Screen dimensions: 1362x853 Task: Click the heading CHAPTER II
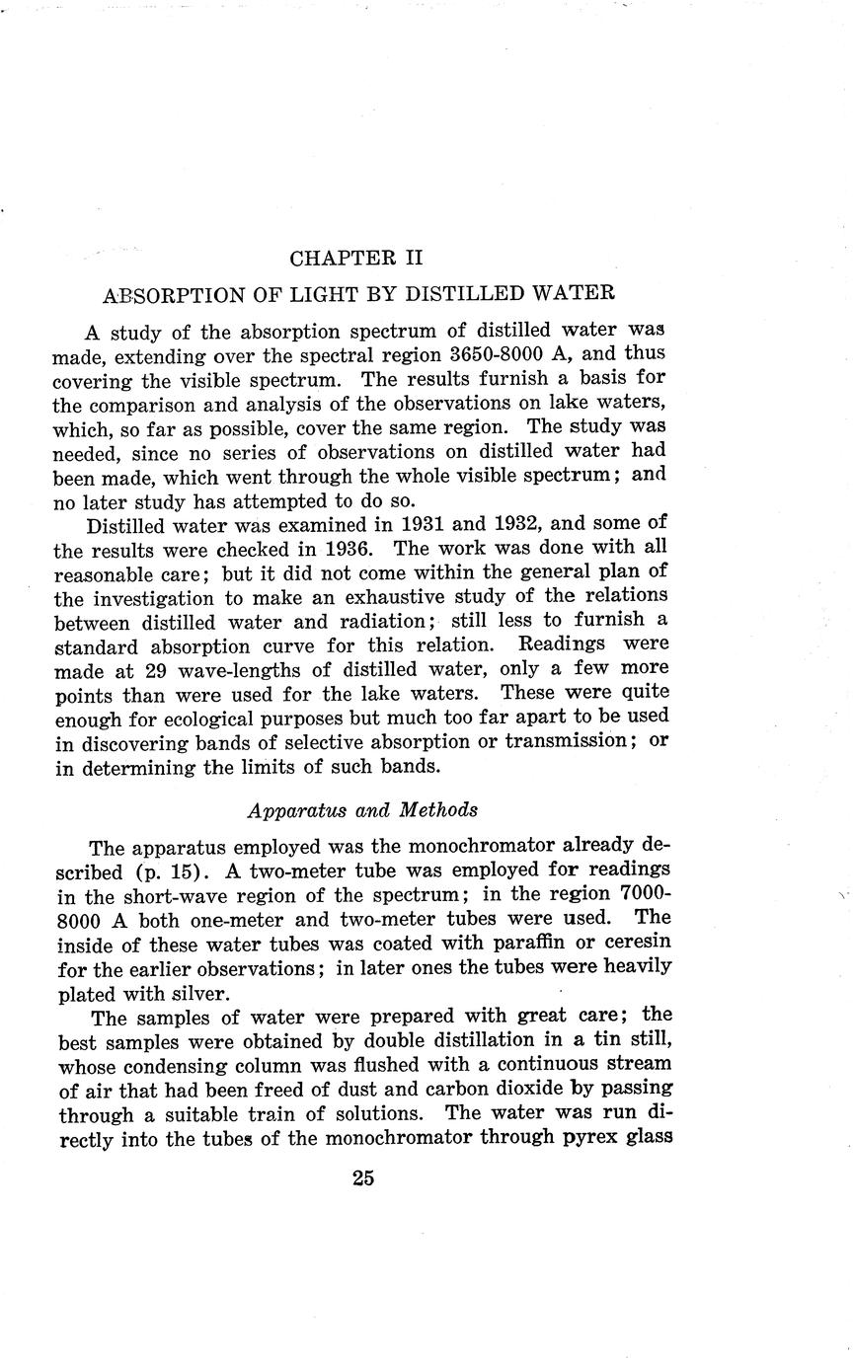tap(356, 259)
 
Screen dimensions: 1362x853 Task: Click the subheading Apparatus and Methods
tap(362, 809)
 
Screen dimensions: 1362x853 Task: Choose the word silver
tap(198, 991)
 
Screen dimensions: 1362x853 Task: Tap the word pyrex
tap(563, 1135)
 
